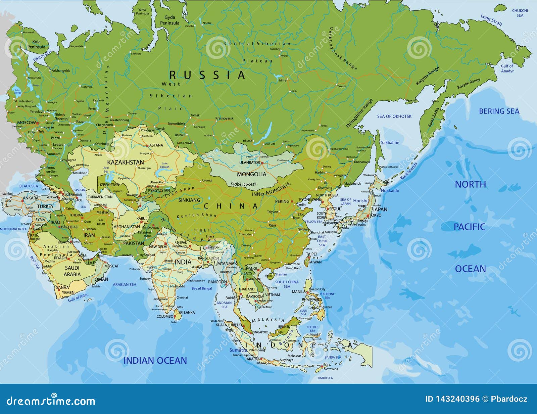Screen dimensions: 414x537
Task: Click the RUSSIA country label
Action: (x=207, y=75)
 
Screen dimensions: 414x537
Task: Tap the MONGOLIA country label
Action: (x=251, y=174)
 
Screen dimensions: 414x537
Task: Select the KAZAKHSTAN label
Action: (x=126, y=162)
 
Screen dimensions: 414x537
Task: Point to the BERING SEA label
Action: (x=499, y=111)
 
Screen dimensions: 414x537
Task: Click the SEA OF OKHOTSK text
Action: (x=394, y=117)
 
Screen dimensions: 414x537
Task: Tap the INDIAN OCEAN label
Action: (x=155, y=361)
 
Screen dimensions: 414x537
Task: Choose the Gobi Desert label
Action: (x=243, y=184)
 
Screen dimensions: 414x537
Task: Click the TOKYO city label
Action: (x=375, y=215)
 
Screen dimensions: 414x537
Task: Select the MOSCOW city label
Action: (x=26, y=123)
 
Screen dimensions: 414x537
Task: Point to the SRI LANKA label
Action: (x=187, y=313)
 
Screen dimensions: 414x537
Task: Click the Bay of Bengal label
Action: (x=202, y=288)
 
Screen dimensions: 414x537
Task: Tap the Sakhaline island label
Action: (x=390, y=143)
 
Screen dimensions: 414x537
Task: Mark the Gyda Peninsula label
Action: (x=169, y=20)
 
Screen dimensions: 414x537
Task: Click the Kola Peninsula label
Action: (x=36, y=44)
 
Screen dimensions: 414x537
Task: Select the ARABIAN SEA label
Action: (x=125, y=284)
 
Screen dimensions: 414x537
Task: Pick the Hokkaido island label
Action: (x=390, y=190)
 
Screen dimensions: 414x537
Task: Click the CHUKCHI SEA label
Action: (x=520, y=13)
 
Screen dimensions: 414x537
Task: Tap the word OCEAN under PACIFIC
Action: (x=470, y=269)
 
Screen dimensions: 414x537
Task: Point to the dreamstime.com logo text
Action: (x=51, y=401)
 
